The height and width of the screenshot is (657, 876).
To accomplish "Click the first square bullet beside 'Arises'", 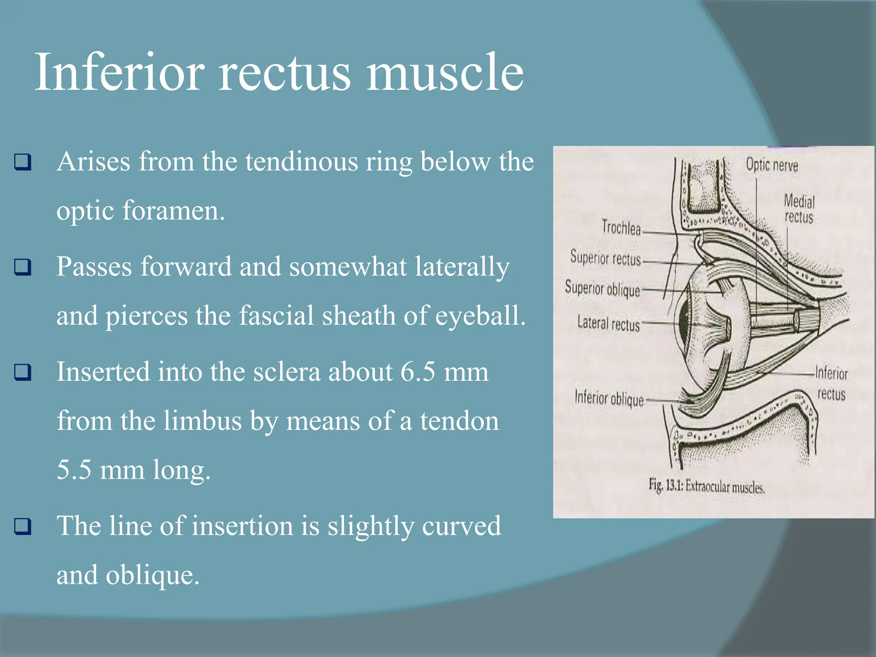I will pyautogui.click(x=23, y=162).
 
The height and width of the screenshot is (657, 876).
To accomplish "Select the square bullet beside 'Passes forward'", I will pyautogui.click(x=23, y=267).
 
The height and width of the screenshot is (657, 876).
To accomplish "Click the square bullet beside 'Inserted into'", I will pyautogui.click(x=23, y=372).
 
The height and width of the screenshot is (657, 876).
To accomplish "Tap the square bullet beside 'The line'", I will pyautogui.click(x=23, y=526).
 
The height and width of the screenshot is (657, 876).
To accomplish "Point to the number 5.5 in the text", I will pyautogui.click(x=74, y=470).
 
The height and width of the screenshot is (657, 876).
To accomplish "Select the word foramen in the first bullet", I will pyautogui.click(x=173, y=211).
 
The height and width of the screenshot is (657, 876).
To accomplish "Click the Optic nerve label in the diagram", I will pyautogui.click(x=772, y=165).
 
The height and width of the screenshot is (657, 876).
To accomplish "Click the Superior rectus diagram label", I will pyautogui.click(x=605, y=258).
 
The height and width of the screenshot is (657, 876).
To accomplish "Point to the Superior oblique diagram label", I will pyautogui.click(x=602, y=289).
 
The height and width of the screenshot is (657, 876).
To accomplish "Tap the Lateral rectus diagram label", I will pyautogui.click(x=608, y=323).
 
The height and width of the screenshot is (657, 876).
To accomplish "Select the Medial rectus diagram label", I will pyautogui.click(x=799, y=209).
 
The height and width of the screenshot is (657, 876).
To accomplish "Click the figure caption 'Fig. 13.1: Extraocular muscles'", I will pyautogui.click(x=706, y=487).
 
